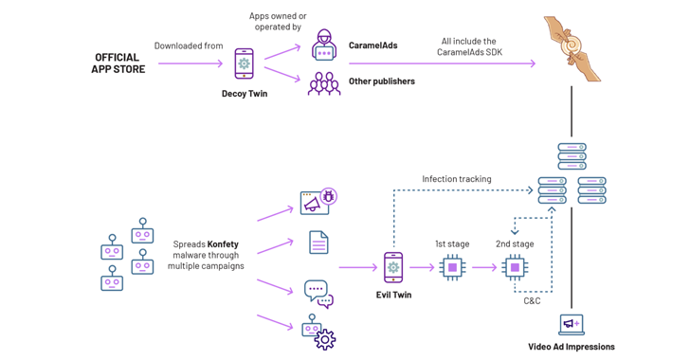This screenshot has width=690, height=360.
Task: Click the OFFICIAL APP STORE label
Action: tap(118, 63)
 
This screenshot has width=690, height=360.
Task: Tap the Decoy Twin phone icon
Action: tap(244, 64)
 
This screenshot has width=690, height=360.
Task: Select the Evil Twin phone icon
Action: tap(393, 267)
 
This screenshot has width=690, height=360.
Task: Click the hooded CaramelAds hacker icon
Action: tap(324, 45)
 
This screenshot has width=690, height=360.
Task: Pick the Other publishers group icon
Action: tap(324, 83)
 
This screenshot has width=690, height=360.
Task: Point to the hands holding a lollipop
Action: tap(572, 47)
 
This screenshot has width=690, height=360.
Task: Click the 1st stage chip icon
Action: tap(452, 267)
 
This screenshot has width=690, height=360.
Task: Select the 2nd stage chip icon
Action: tap(515, 267)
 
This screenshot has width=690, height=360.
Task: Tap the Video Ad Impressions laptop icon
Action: tap(572, 325)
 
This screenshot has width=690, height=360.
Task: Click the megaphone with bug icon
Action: tap(318, 202)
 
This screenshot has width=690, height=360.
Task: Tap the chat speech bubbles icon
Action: tap(318, 294)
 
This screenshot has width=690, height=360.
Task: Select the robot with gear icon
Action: tap(318, 333)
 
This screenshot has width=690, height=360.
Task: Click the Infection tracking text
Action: tap(457, 179)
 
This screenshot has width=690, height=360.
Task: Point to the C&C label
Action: tap(533, 300)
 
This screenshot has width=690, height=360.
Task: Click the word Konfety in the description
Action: tap(223, 244)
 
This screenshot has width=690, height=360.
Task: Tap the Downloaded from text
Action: tap(188, 45)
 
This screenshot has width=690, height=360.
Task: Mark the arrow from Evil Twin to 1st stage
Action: tap(422, 267)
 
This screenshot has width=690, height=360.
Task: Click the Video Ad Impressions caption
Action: tap(572, 347)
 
